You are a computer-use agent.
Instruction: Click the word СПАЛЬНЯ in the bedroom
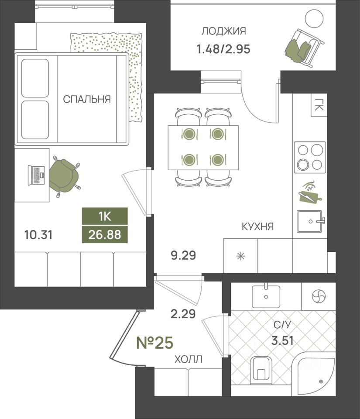click(87, 99)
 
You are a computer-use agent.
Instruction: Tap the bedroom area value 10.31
click(38, 235)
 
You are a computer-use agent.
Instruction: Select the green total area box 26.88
click(105, 235)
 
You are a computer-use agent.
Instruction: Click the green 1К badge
click(105, 216)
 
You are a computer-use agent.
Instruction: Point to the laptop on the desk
click(37, 175)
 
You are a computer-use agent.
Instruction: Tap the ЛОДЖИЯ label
click(223, 31)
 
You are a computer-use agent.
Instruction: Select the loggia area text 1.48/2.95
click(223, 49)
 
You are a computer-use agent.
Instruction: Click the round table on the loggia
click(314, 18)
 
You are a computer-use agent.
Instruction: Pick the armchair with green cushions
click(305, 48)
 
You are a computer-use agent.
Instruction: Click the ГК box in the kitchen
click(319, 105)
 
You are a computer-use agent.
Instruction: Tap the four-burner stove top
click(310, 158)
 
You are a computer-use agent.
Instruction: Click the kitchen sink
click(310, 221)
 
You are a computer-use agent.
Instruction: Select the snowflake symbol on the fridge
click(240, 256)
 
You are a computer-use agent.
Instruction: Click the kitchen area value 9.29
click(183, 255)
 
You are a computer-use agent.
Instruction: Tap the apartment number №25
click(154, 343)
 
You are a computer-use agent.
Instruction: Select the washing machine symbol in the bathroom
click(319, 297)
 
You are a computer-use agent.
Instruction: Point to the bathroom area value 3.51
click(282, 341)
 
